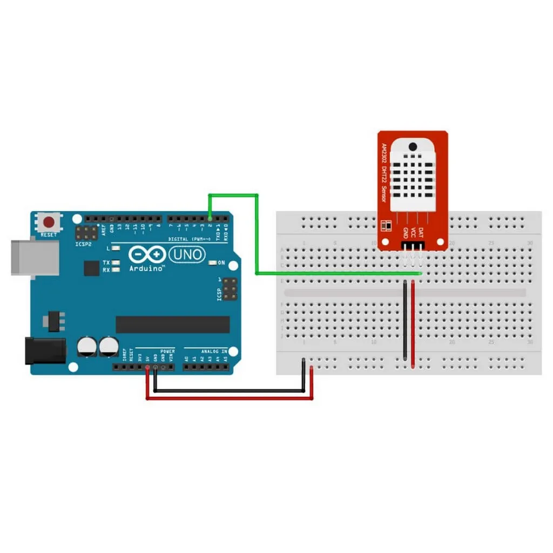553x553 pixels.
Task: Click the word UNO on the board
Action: click(x=187, y=254)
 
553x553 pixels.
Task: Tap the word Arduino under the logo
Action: click(x=147, y=268)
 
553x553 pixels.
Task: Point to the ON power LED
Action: click(x=212, y=263)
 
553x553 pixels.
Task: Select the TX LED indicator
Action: click(x=114, y=262)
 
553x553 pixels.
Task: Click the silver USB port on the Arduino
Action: click(x=35, y=257)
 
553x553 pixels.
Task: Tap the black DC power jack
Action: click(x=45, y=350)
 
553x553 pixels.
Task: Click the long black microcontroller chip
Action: click(x=172, y=325)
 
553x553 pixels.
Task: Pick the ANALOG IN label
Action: click(x=214, y=352)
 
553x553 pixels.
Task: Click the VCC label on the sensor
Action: click(x=413, y=232)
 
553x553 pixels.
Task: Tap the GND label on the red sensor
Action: click(x=406, y=233)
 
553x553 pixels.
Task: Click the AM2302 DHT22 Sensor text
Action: click(x=384, y=173)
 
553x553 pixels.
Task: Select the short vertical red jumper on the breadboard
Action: click(x=413, y=324)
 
